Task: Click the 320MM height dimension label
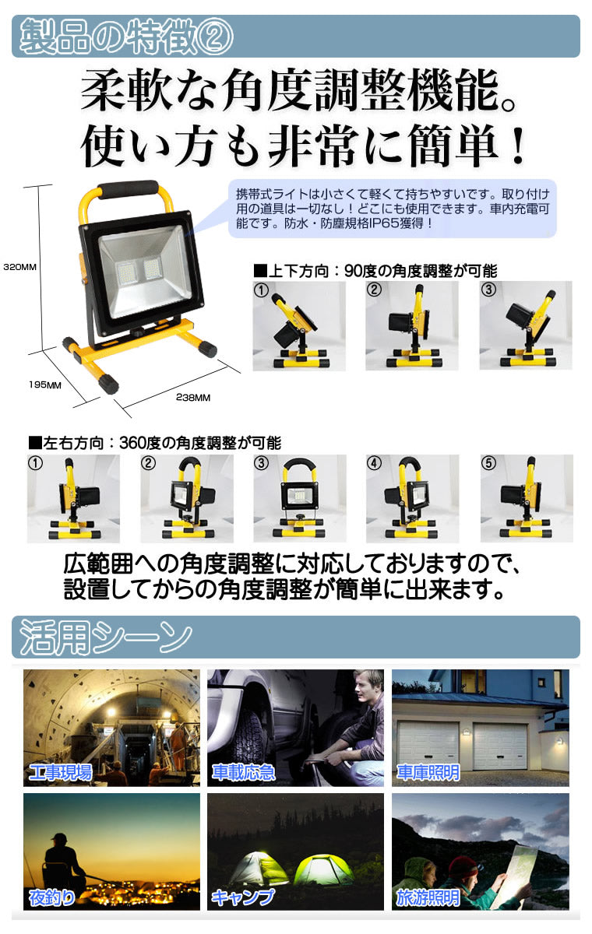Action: tap(20, 267)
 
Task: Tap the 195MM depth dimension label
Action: tap(45, 384)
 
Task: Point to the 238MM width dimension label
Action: tap(192, 398)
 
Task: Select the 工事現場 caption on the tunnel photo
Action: tap(61, 772)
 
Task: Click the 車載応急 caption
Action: tap(244, 772)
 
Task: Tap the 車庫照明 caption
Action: tap(428, 772)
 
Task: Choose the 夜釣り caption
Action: tap(51, 897)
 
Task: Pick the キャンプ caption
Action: tap(243, 897)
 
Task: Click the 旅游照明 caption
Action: tap(428, 897)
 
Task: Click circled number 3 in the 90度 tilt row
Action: tap(488, 289)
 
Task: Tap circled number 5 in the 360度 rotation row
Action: tap(488, 463)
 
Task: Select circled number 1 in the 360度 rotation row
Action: tap(36, 463)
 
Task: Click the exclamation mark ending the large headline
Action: tap(519, 146)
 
